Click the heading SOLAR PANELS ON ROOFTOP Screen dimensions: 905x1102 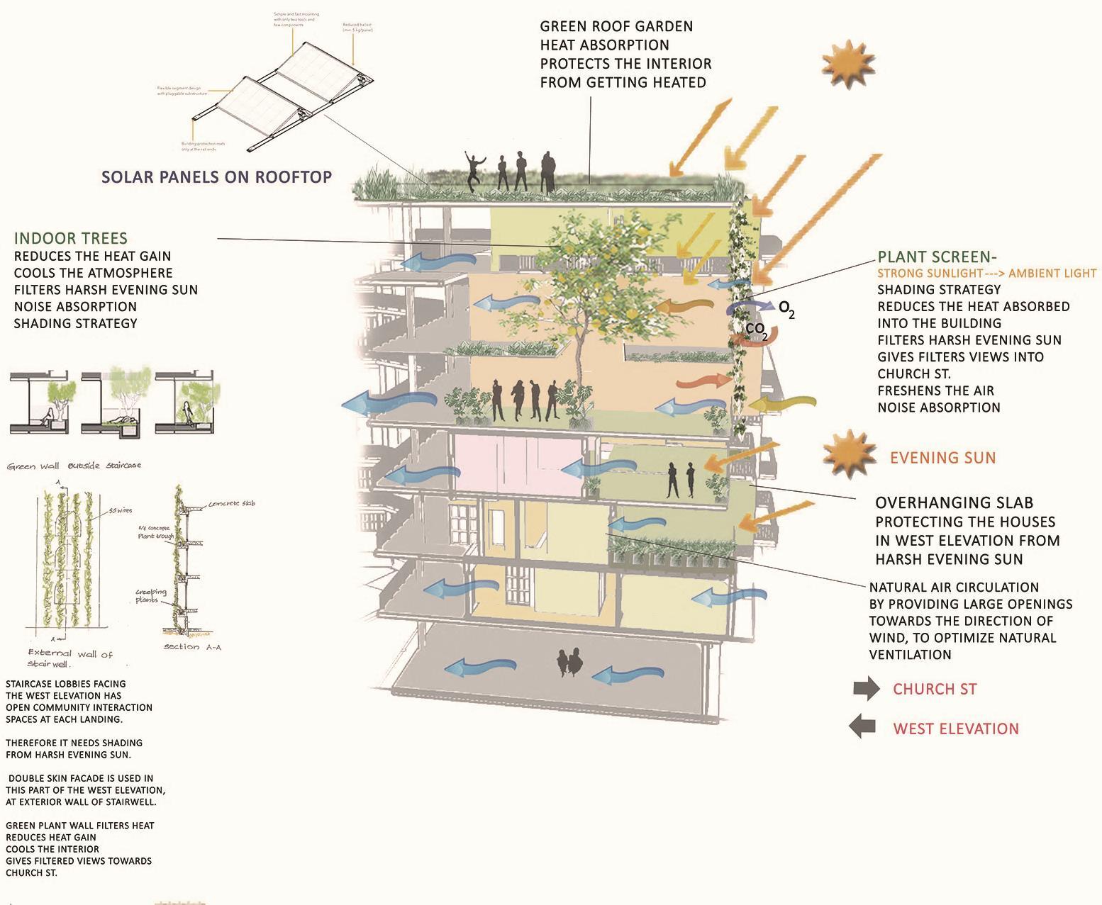[x=217, y=176]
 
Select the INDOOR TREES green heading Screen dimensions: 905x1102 [x=71, y=238]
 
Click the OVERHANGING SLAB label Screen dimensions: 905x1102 [x=954, y=503]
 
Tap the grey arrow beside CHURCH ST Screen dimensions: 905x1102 [x=866, y=689]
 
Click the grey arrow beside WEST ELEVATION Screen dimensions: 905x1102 [x=864, y=727]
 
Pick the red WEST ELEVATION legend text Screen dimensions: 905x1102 [x=955, y=729]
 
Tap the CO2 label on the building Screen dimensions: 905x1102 [x=756, y=330]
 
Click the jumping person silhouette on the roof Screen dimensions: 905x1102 [x=474, y=170]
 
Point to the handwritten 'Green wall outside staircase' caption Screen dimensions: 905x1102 [x=74, y=466]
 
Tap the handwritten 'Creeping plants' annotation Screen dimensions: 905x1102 [x=150, y=596]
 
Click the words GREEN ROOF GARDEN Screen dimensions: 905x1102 [x=616, y=27]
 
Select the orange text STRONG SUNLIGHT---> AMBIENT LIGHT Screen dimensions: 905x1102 [x=986, y=274]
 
